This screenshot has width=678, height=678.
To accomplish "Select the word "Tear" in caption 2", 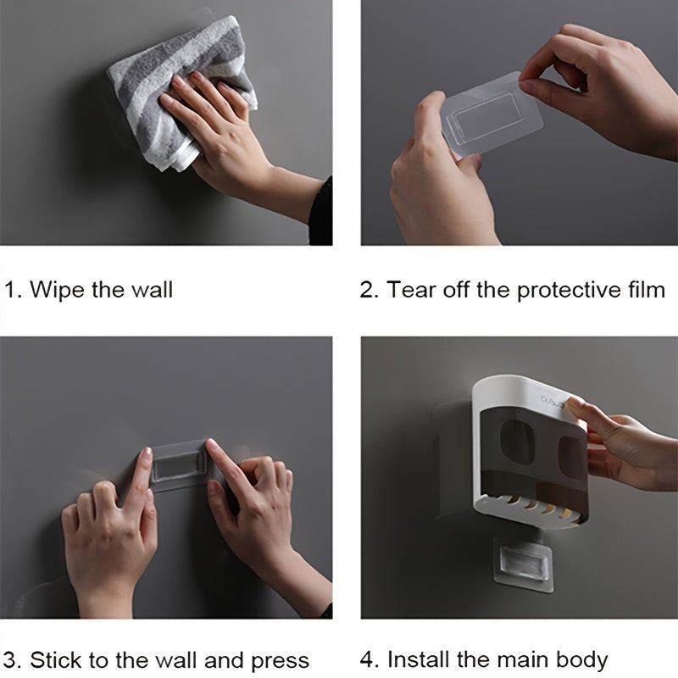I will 410,290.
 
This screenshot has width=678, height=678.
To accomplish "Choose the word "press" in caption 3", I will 279,661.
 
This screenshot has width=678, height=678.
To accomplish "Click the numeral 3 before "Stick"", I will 10,659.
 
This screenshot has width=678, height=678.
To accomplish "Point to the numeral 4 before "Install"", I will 367,659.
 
